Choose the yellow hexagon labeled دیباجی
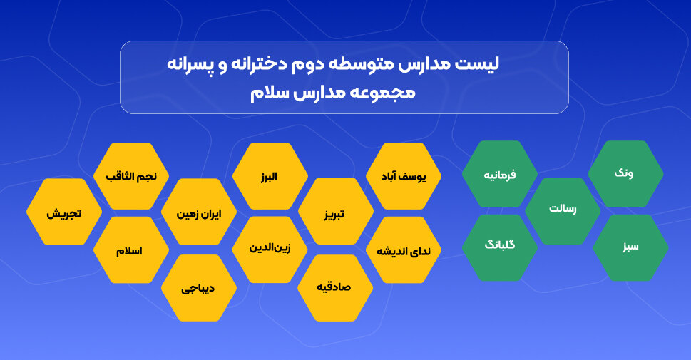[x=199, y=288]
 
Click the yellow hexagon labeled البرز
[x=270, y=176]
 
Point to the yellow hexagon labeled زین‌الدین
[x=270, y=249]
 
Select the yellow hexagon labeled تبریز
[x=335, y=212]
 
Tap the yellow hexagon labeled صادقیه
[x=335, y=287]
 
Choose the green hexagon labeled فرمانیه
[x=499, y=174]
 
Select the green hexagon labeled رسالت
[x=563, y=210]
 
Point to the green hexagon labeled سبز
[x=630, y=247]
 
